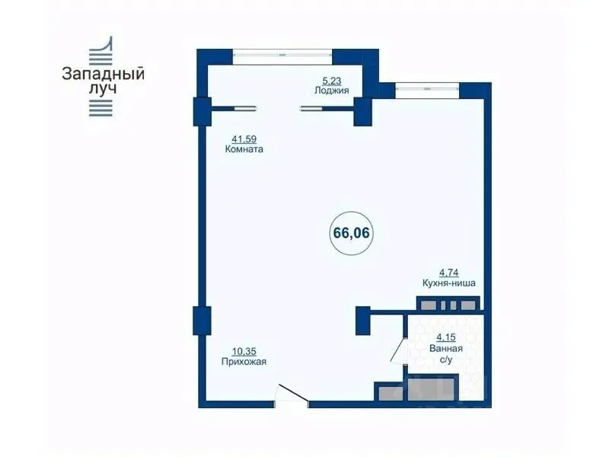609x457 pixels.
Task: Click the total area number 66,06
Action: click(x=351, y=233)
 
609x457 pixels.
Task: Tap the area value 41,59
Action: click(x=244, y=139)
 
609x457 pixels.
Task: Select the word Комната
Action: click(x=244, y=149)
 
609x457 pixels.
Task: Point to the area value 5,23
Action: click(x=332, y=81)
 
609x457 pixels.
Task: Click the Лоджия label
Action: click(x=332, y=91)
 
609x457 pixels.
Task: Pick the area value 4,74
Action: click(x=448, y=273)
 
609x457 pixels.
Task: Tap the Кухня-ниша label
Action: click(x=448, y=283)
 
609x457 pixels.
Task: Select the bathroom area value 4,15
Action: click(x=446, y=337)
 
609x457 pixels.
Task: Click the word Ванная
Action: click(x=446, y=348)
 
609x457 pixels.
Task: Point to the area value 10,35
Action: click(x=244, y=352)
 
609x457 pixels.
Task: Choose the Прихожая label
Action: click(x=244, y=362)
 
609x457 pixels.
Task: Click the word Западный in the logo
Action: click(x=103, y=73)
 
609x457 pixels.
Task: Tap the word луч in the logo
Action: click(x=103, y=88)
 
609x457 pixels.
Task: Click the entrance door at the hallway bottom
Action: click(x=292, y=395)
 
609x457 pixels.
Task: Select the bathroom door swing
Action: click(x=398, y=350)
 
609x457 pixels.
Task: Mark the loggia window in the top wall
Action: click(x=282, y=55)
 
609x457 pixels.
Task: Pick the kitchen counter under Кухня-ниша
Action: click(x=448, y=303)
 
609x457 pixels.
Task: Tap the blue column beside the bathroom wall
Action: click(x=363, y=321)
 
